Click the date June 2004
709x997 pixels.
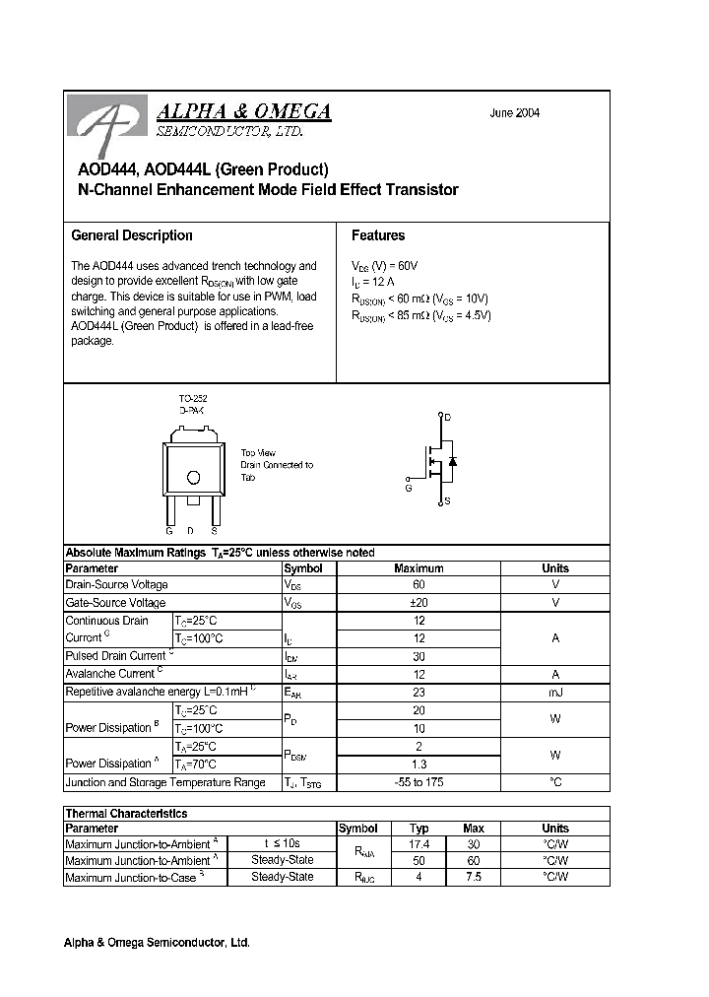click(x=514, y=113)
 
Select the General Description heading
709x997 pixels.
click(x=132, y=235)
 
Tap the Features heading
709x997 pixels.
click(x=378, y=235)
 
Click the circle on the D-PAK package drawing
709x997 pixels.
click(x=193, y=478)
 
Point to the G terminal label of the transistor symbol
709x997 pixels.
click(x=409, y=487)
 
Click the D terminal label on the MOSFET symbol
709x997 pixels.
click(x=448, y=418)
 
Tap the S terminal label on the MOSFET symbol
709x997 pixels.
click(x=448, y=502)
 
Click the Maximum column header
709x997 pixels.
click(x=419, y=568)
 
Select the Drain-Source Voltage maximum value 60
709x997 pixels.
click(x=419, y=585)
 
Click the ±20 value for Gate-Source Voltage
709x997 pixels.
click(x=419, y=603)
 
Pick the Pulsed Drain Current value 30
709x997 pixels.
click(x=419, y=656)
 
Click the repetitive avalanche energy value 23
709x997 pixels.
click(x=419, y=693)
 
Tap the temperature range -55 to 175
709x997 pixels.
click(x=419, y=782)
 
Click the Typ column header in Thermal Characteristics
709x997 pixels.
click(x=419, y=829)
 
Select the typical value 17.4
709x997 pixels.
click(x=419, y=845)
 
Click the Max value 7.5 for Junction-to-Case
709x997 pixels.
click(x=473, y=877)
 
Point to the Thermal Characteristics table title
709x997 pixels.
click(x=126, y=814)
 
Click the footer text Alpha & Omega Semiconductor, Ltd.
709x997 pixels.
click(x=157, y=943)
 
